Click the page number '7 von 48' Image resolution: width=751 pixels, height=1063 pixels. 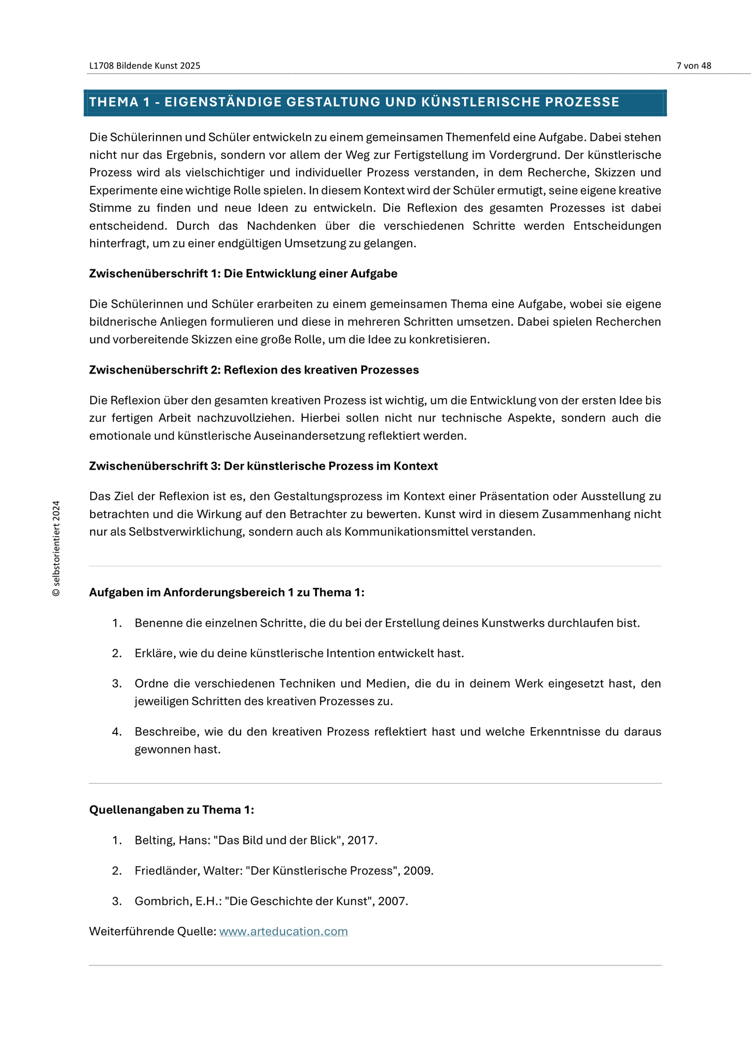pos(693,65)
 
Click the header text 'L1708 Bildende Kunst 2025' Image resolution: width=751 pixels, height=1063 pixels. pos(144,65)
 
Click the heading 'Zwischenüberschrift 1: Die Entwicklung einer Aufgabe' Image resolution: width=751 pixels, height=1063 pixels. pos(243,274)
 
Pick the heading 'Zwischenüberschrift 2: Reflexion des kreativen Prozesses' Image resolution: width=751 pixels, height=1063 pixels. pos(254,370)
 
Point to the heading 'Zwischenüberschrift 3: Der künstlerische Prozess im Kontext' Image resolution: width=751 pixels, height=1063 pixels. pos(263,466)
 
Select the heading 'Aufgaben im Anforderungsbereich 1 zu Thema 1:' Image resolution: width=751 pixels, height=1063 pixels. pos(227,592)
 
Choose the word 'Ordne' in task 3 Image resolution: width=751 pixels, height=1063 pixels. pos(150,684)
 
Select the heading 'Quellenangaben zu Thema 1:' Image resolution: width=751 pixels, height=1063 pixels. pos(172,810)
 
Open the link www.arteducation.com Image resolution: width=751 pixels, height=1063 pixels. pos(283,931)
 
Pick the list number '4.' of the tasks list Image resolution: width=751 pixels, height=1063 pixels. pos(117,732)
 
